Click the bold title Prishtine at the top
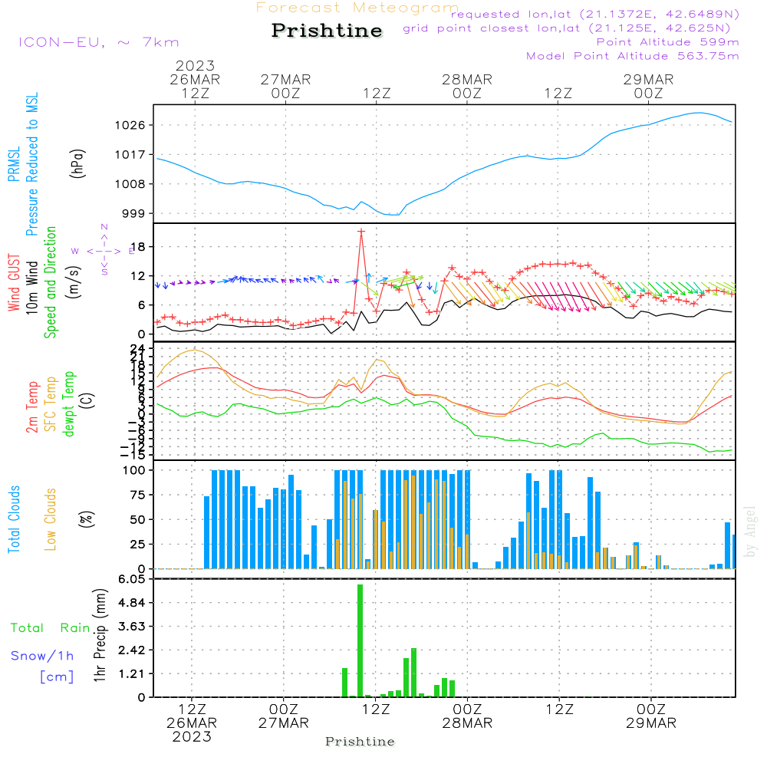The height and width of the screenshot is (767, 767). [x=327, y=31]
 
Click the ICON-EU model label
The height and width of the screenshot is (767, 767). [x=98, y=42]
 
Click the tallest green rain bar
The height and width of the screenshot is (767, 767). [x=360, y=640]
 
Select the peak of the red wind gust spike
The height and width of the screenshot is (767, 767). [x=360, y=231]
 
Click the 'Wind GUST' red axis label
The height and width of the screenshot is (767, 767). [x=15, y=284]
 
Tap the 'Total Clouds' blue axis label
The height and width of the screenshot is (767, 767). [x=15, y=519]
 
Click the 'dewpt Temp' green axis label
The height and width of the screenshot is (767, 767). [x=70, y=403]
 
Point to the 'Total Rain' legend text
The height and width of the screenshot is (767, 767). [x=51, y=628]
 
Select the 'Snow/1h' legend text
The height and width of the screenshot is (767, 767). [x=43, y=656]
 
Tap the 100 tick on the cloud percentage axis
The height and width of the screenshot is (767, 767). [x=135, y=470]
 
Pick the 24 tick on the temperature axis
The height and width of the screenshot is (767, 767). [x=139, y=349]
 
